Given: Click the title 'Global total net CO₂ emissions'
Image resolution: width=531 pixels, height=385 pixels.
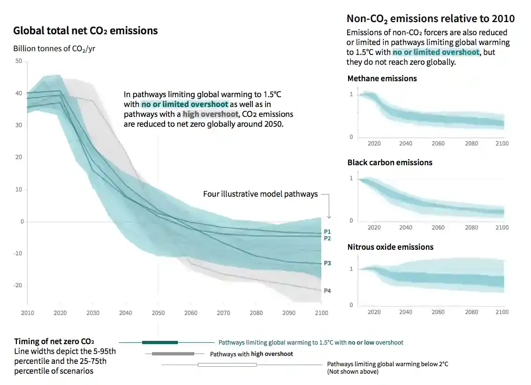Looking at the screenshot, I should tap(85, 31).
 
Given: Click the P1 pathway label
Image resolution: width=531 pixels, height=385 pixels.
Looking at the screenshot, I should tap(327, 232).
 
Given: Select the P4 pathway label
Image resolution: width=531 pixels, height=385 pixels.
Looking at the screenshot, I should tap(327, 291).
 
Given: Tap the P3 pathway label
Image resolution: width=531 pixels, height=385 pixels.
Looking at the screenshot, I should tap(327, 263).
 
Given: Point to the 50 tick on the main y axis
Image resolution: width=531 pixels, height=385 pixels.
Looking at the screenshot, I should tap(19, 61).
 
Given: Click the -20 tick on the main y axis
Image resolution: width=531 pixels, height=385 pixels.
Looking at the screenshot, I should tap(18, 285).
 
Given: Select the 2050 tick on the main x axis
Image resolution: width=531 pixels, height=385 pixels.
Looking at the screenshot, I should tap(158, 313).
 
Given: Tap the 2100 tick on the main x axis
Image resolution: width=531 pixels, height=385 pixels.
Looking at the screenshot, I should tap(321, 313).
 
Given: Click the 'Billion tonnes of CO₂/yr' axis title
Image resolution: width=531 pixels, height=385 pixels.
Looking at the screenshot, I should tap(54, 48).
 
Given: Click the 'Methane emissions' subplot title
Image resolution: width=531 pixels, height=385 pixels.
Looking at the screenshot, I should tap(382, 78).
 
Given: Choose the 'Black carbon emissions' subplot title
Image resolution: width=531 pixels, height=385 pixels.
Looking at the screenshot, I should tap(390, 162).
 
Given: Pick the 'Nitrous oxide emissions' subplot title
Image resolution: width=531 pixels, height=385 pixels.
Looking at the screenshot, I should tap(390, 247).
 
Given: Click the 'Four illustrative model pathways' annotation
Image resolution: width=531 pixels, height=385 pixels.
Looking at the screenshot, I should tap(260, 194).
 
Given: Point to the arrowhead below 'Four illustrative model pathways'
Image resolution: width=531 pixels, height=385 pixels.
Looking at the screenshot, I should tap(329, 216).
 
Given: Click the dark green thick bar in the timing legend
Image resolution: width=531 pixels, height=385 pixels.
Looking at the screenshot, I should tap(159, 342).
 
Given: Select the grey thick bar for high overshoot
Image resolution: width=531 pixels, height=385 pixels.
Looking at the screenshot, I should tap(173, 354).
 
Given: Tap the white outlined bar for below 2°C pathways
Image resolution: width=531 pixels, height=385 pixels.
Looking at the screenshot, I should tap(227, 365).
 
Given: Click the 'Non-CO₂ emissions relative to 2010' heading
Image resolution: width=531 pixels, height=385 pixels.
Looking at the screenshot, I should tap(430, 18).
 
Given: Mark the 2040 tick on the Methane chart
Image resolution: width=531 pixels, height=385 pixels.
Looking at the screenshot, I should tap(406, 144).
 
